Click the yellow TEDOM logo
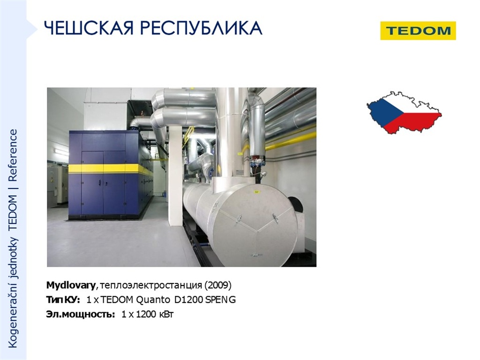tap(418, 30)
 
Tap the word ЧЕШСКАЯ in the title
tap(89, 28)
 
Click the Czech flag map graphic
tap(404, 112)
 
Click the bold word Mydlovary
tap(71, 285)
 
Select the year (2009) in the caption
tap(217, 285)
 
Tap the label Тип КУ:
tap(63, 300)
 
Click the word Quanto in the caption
tap(152, 300)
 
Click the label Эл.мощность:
tap(81, 314)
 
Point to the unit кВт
tap(166, 315)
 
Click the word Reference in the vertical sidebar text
tap(13, 156)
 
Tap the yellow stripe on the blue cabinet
tap(110, 169)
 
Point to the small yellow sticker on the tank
tap(256, 192)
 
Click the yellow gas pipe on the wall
tap(290, 141)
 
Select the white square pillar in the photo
tap(175, 176)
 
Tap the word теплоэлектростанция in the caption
tap(151, 285)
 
